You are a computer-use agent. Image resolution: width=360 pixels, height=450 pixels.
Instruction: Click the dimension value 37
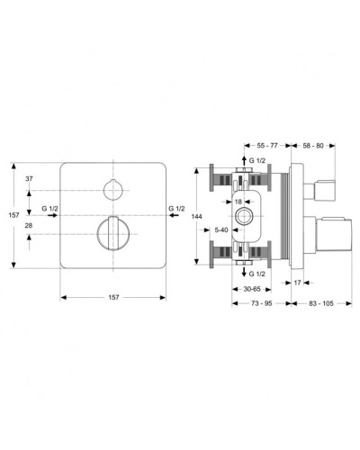(x=30, y=180)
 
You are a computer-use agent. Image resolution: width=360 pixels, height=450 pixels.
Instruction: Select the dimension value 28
(x=30, y=225)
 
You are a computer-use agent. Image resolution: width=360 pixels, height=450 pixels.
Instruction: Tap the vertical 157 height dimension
(x=13, y=215)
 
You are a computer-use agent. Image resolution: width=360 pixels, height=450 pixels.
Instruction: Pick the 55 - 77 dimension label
(x=267, y=144)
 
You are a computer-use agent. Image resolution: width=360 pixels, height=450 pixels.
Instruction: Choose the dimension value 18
(x=239, y=202)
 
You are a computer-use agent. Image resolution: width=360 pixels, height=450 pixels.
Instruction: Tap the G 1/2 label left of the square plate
(x=49, y=209)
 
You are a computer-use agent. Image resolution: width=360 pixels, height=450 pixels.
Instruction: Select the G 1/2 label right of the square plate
(x=177, y=209)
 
